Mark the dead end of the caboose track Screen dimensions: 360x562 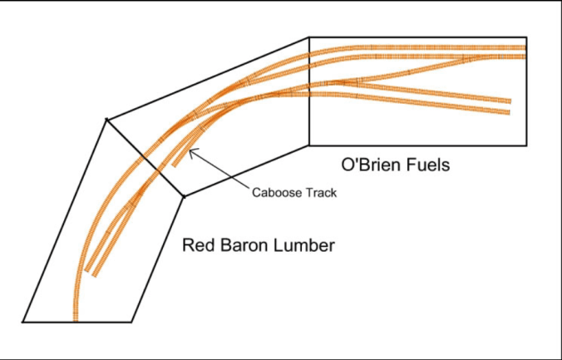(x=174, y=165)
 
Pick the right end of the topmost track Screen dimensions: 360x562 (x=525, y=47)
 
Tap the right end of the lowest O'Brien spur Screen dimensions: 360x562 (x=508, y=112)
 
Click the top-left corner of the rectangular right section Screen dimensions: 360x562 (x=309, y=37)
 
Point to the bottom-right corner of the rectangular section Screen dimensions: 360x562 (x=527, y=145)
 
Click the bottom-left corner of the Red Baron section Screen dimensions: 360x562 (x=22, y=322)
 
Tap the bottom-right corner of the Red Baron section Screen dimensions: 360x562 (x=131, y=322)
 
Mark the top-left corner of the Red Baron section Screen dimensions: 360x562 (x=106, y=120)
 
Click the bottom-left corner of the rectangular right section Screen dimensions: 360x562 (x=309, y=145)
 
